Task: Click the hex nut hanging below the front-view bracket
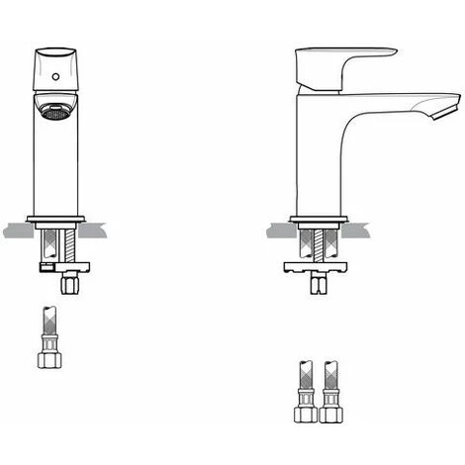coord(70,285)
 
